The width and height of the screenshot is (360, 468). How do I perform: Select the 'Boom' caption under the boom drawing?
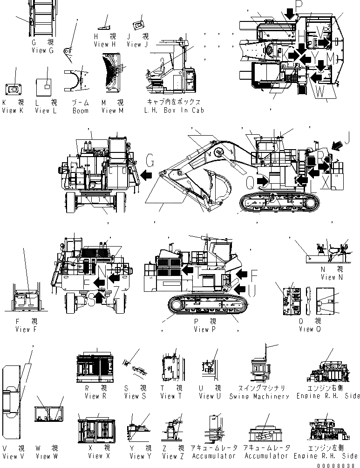coord(80,110)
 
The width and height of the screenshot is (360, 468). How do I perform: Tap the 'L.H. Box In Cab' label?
coord(176,110)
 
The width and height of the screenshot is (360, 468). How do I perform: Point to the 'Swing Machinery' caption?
coord(259,396)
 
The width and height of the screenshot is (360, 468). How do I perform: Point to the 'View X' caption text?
coord(95,456)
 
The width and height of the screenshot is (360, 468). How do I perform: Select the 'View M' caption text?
coord(112,110)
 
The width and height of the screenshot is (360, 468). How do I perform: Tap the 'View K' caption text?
coord(15,110)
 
